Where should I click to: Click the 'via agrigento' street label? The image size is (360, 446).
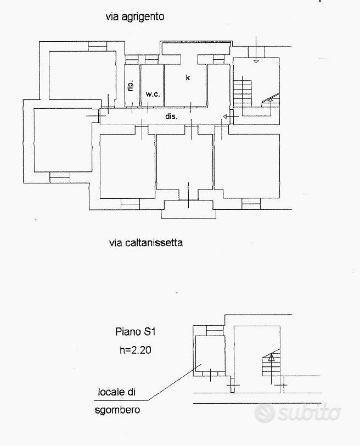coord(135,17)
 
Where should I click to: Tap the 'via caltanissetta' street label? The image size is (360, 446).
coord(146,243)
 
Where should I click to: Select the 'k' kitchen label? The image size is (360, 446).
coord(188,77)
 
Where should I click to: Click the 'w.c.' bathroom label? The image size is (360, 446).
coord(153,94)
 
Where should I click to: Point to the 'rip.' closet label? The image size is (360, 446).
coord(131,85)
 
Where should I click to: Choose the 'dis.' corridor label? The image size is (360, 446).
coord(171,116)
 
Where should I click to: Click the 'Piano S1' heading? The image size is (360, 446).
coord(135,332)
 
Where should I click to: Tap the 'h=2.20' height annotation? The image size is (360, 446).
coord(135,349)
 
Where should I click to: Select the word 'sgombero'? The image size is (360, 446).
coord(117,410)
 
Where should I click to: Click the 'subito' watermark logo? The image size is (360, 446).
coord(297,412)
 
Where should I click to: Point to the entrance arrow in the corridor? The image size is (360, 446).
coord(230,116)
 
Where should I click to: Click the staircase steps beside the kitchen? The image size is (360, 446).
coord(243,92)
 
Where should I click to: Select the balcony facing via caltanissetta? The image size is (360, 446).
coord(188,209)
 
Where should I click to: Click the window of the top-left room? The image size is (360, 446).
coord(98,46)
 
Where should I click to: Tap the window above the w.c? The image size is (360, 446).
coord(151,59)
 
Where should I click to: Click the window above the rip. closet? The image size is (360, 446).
coord(132,59)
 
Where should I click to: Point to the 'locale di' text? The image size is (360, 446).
coord(117,392)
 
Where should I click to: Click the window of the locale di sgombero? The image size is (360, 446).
coord(215,331)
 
